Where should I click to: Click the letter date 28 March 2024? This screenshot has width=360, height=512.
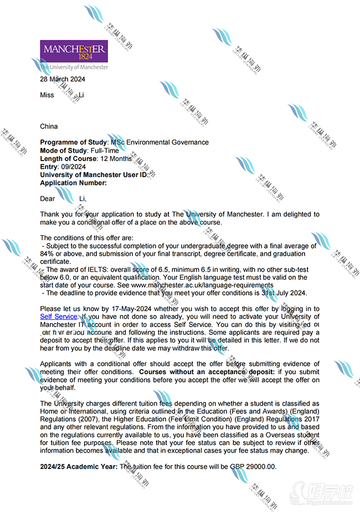tap(63, 79)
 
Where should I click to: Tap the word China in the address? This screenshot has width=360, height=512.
tap(49, 126)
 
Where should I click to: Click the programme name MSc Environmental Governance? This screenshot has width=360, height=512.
tap(160, 142)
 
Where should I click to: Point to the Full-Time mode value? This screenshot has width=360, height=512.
tap(105, 151)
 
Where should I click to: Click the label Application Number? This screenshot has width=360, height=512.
tap(73, 183)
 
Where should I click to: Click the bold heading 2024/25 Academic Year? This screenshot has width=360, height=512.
tap(79, 467)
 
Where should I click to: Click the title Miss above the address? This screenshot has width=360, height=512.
tap(48, 95)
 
